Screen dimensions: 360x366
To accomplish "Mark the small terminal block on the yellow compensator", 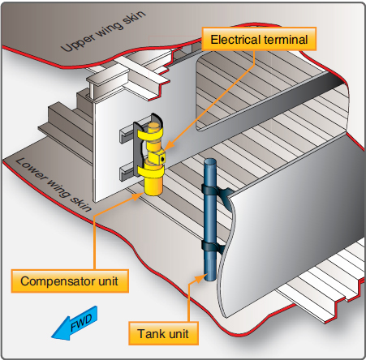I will pyautogui.click(x=161, y=159).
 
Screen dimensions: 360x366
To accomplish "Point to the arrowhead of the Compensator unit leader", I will pyautogui.click(x=146, y=194).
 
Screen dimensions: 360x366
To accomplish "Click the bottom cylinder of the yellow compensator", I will pyautogui.click(x=152, y=186).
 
